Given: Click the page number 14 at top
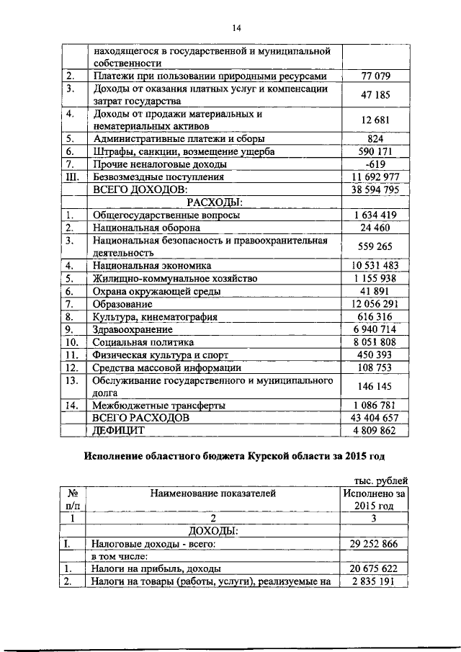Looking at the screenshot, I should click(x=236, y=28).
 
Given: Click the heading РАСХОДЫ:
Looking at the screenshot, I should click(x=214, y=202).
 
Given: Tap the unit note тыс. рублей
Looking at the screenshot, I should click(x=380, y=480).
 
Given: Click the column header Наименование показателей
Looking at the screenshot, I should click(x=213, y=494).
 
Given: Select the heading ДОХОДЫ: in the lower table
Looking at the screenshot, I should click(x=214, y=531).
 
